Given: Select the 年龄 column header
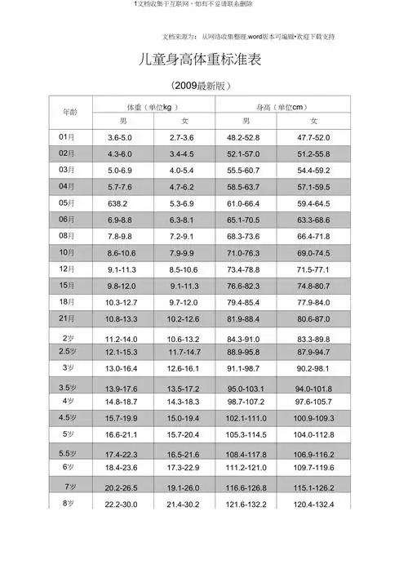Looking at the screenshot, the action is (x=71, y=111).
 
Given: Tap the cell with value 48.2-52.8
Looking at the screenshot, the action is (x=243, y=137).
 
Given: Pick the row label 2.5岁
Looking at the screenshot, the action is (x=68, y=351).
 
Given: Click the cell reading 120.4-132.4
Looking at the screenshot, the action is (x=313, y=505).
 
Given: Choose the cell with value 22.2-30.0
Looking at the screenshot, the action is (x=122, y=505).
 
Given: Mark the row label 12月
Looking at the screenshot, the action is (x=68, y=269).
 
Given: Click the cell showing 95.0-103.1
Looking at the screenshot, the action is (x=246, y=389).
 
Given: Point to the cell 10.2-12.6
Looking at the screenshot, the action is (x=183, y=318).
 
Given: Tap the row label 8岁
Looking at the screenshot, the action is (x=69, y=504).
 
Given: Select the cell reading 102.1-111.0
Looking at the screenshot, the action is (x=246, y=418).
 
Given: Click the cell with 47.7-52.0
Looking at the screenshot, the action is (x=313, y=137).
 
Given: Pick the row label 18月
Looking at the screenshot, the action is (x=68, y=301).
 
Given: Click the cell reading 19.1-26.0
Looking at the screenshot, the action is (x=183, y=487).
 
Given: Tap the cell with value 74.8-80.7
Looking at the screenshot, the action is (x=313, y=286).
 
